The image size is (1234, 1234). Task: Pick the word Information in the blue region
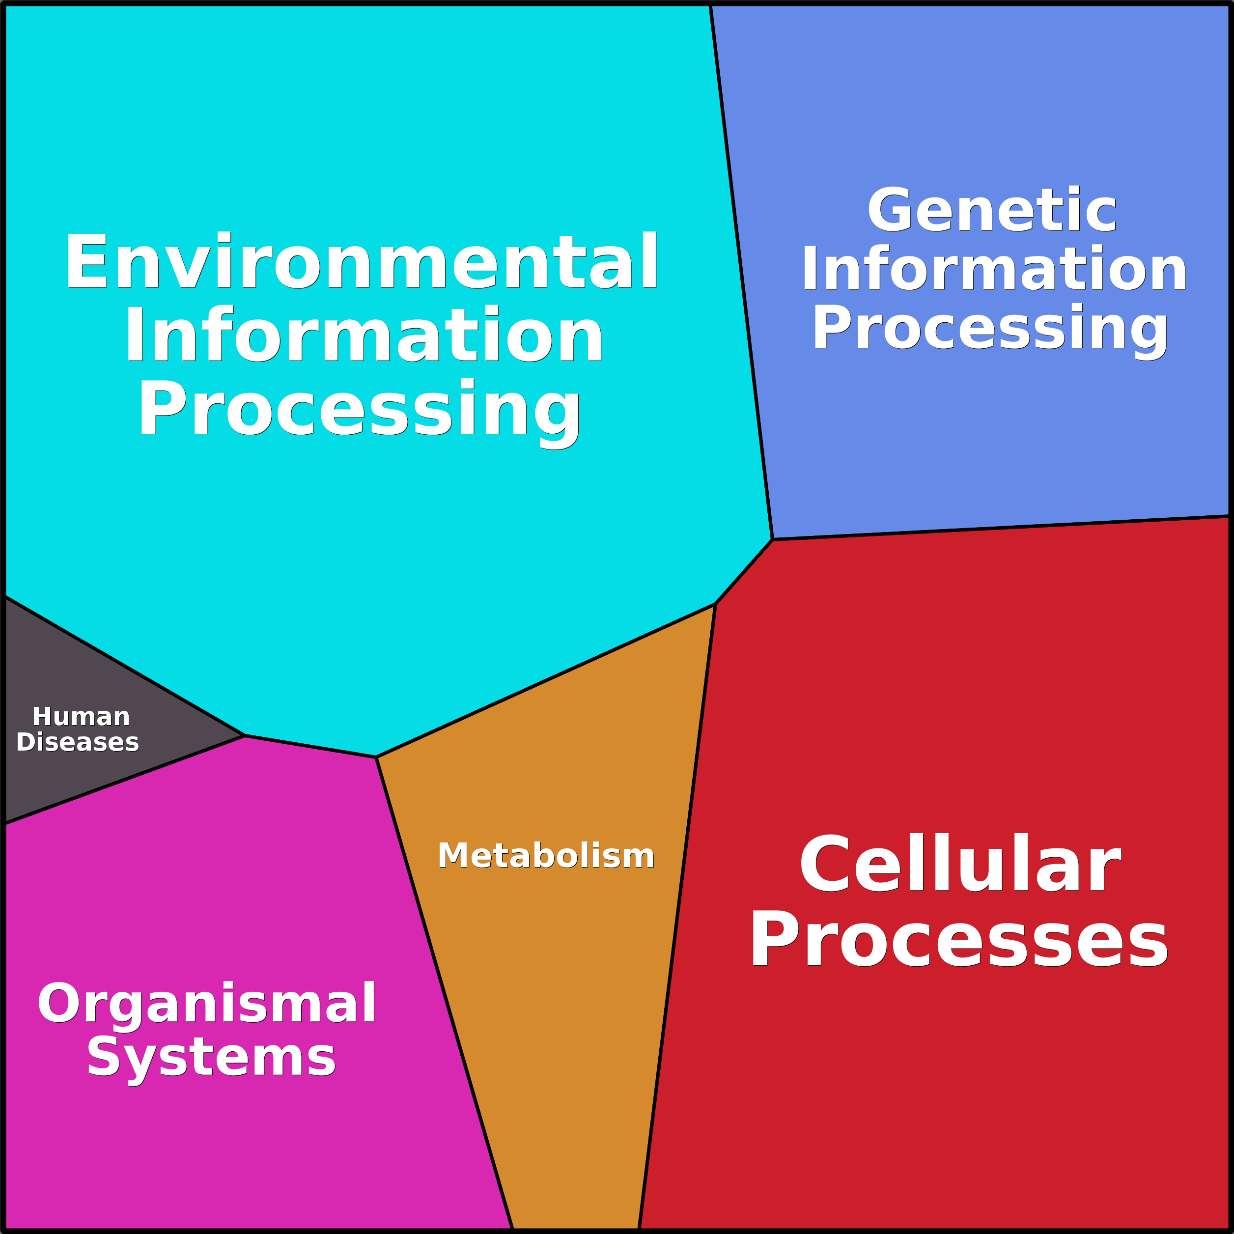click(994, 269)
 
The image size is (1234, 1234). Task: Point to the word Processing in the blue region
click(990, 328)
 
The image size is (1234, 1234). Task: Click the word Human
click(81, 717)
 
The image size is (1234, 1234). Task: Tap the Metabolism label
click(546, 856)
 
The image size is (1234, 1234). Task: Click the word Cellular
click(960, 865)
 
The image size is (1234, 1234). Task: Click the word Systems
click(211, 1058)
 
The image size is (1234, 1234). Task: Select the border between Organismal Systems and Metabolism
click(445, 993)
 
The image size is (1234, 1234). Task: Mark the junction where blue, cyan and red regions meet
click(772, 540)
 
